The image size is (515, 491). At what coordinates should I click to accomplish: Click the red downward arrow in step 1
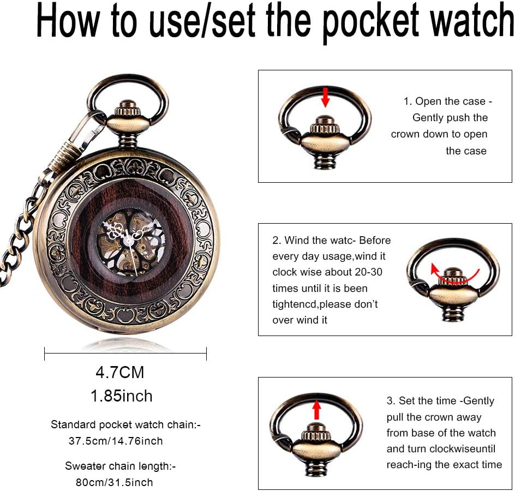pos(325,97)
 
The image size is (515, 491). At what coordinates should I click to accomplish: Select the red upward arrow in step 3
pos(316,409)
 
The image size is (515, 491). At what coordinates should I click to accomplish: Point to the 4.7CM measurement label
pos(120,373)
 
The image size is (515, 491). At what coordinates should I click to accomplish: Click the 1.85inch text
pos(122,396)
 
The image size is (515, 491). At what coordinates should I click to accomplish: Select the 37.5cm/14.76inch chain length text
pos(116,441)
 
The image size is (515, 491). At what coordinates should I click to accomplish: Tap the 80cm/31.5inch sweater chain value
pos(115,482)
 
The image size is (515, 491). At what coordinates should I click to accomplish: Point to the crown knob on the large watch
pos(128,109)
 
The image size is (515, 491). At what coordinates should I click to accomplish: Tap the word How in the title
pos(67,20)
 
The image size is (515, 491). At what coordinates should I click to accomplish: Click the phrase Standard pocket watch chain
pos(122,424)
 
